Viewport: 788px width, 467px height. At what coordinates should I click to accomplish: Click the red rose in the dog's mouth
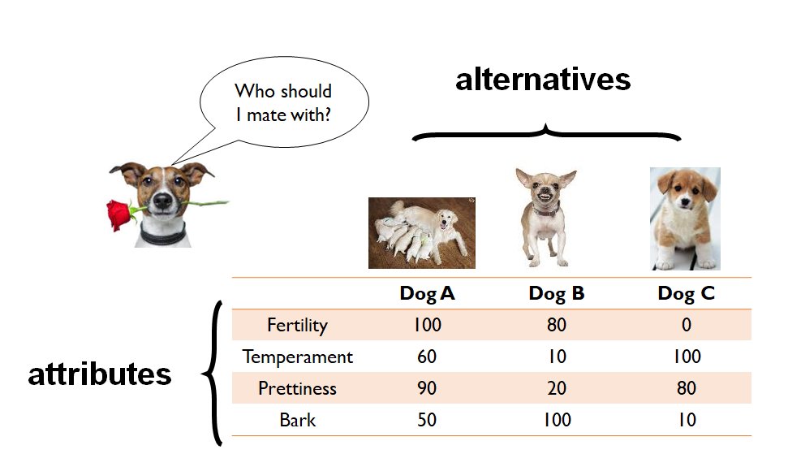pyautogui.click(x=119, y=214)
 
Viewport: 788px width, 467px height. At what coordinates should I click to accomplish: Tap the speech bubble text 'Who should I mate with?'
pyautogui.click(x=283, y=103)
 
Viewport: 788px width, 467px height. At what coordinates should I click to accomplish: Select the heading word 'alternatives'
pyautogui.click(x=543, y=80)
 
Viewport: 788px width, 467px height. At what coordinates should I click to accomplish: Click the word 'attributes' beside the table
pyautogui.click(x=100, y=374)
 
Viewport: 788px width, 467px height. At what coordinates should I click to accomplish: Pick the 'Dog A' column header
pyautogui.click(x=427, y=293)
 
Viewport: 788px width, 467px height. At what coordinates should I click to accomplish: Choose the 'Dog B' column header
pyautogui.click(x=557, y=293)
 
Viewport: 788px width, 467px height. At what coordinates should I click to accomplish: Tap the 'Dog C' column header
pyautogui.click(x=686, y=293)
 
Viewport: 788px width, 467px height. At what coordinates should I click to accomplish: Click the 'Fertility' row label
pyautogui.click(x=297, y=325)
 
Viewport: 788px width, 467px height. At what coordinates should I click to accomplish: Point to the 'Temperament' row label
pyautogui.click(x=298, y=357)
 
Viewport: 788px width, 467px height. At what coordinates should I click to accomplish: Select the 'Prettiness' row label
pyautogui.click(x=297, y=388)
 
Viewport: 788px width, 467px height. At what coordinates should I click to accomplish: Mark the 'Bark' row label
pyautogui.click(x=298, y=420)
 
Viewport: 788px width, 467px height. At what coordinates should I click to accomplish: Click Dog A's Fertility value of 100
pyautogui.click(x=427, y=325)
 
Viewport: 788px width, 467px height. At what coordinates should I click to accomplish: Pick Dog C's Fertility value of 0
pyautogui.click(x=687, y=325)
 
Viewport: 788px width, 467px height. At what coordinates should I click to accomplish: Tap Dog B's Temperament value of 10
pyautogui.click(x=557, y=357)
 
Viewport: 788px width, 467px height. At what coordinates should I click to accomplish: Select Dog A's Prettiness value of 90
pyautogui.click(x=427, y=388)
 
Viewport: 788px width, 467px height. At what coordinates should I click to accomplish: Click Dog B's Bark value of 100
pyautogui.click(x=557, y=420)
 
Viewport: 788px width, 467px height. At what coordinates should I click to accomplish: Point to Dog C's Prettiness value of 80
pyautogui.click(x=687, y=388)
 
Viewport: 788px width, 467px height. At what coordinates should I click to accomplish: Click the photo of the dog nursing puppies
pyautogui.click(x=422, y=233)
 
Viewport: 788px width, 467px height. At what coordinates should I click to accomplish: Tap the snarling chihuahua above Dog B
pyautogui.click(x=546, y=218)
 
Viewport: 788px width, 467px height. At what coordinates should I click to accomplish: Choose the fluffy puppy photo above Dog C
pyautogui.click(x=685, y=218)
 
